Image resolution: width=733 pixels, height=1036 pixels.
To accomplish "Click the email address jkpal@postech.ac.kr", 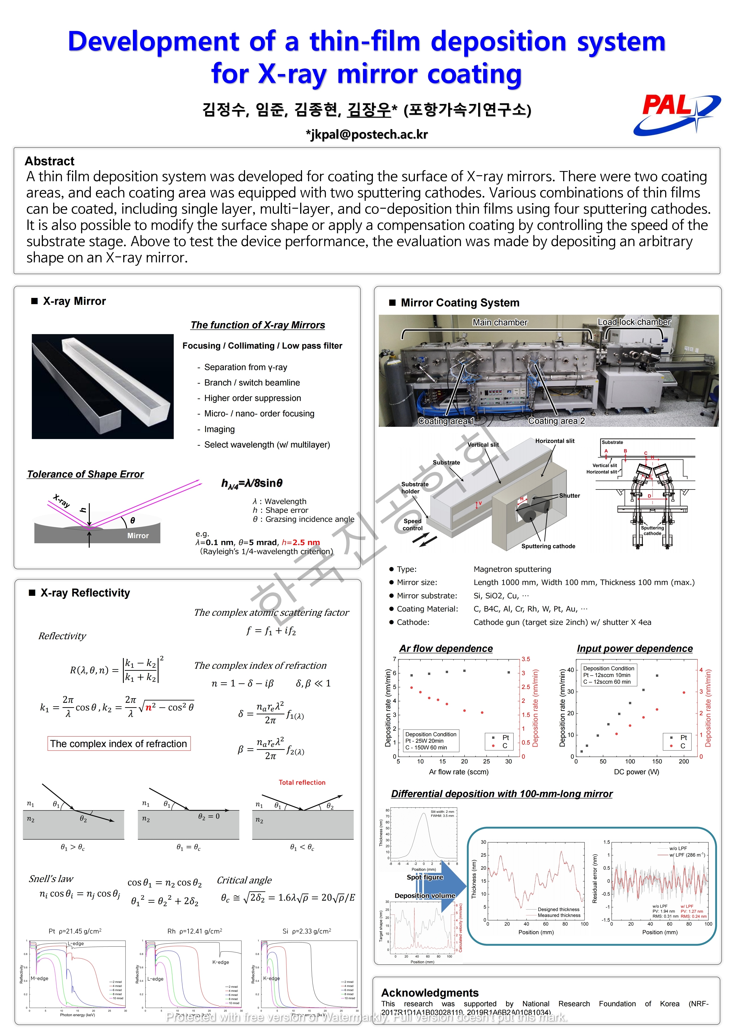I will pyautogui.click(x=366, y=134).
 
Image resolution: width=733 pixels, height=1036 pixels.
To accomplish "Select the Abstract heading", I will pyautogui.click(x=50, y=161).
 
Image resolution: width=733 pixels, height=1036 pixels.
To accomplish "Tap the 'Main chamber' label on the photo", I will pyautogui.click(x=500, y=322).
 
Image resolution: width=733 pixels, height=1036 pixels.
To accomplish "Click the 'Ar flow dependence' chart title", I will pyautogui.click(x=446, y=648).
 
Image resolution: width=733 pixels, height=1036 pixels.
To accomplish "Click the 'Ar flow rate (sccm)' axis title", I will pyautogui.click(x=459, y=772).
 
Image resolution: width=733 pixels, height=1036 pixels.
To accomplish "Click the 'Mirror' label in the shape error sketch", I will pyautogui.click(x=138, y=536).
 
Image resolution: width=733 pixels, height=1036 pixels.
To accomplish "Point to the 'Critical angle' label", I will pyautogui.click(x=244, y=880).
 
